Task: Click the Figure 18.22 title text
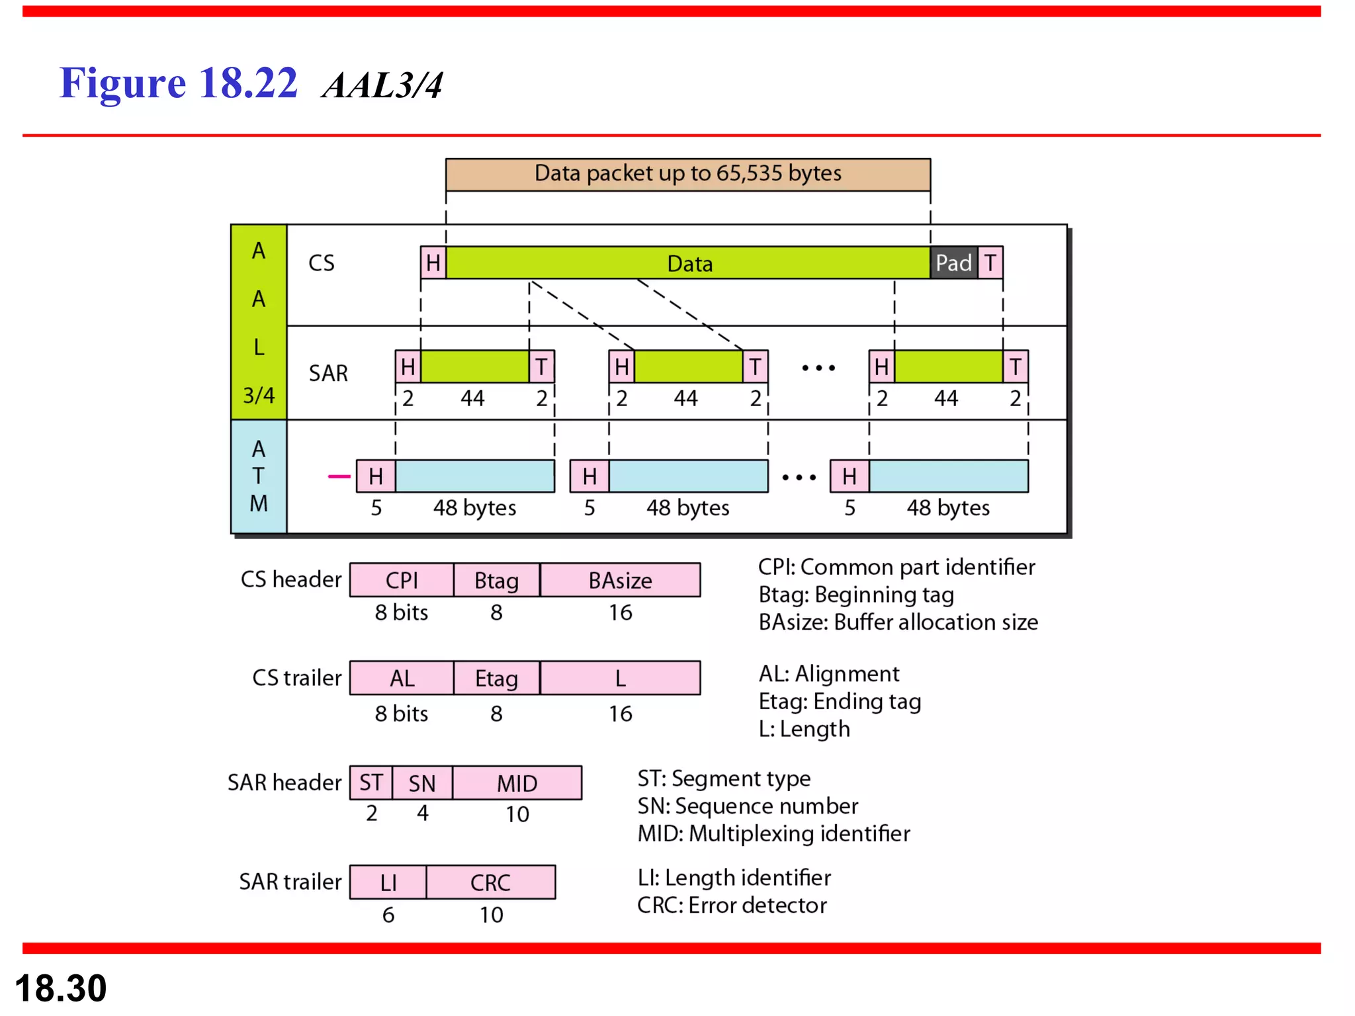click(x=179, y=83)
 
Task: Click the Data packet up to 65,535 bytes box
click(x=687, y=174)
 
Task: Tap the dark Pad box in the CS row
click(x=953, y=263)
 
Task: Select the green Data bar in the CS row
click(x=688, y=263)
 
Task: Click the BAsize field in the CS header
click(x=620, y=580)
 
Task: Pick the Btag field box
click(x=496, y=580)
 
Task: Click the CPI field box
click(x=402, y=580)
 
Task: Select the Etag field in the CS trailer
click(x=496, y=678)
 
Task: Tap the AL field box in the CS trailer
click(x=402, y=678)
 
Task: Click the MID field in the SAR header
click(x=517, y=783)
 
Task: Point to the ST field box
click(x=371, y=783)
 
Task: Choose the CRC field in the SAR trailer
click(x=490, y=882)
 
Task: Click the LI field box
click(x=388, y=882)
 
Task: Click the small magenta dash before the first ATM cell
click(x=339, y=476)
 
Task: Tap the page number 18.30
click(x=61, y=988)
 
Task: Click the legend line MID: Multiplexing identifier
click(x=773, y=833)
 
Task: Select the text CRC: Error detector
click(x=732, y=905)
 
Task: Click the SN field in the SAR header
click(x=422, y=783)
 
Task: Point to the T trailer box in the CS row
click(x=990, y=263)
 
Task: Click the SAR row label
click(x=328, y=373)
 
